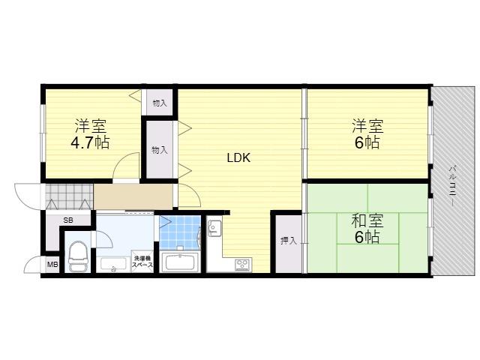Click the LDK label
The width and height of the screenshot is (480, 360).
point(238,157)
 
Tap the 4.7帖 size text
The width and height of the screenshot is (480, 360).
point(90,142)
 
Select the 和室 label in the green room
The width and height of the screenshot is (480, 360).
point(367,220)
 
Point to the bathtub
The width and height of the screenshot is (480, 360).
point(180,263)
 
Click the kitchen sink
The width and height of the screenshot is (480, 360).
point(214,228)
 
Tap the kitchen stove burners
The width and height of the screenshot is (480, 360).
point(243,265)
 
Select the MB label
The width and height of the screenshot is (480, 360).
point(52,264)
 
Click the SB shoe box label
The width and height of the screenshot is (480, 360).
point(68,220)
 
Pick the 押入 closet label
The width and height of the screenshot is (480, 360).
point(289,241)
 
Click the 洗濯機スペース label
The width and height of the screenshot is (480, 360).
point(142,262)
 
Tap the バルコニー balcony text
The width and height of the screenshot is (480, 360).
point(453,186)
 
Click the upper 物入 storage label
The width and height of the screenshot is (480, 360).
point(160,103)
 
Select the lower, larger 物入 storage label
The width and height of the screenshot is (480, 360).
point(160,150)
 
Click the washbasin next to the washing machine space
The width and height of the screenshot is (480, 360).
point(113,265)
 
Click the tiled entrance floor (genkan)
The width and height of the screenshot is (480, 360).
point(69,196)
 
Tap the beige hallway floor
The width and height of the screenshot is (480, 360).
point(133,196)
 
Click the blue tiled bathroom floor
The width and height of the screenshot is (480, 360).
point(180,232)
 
